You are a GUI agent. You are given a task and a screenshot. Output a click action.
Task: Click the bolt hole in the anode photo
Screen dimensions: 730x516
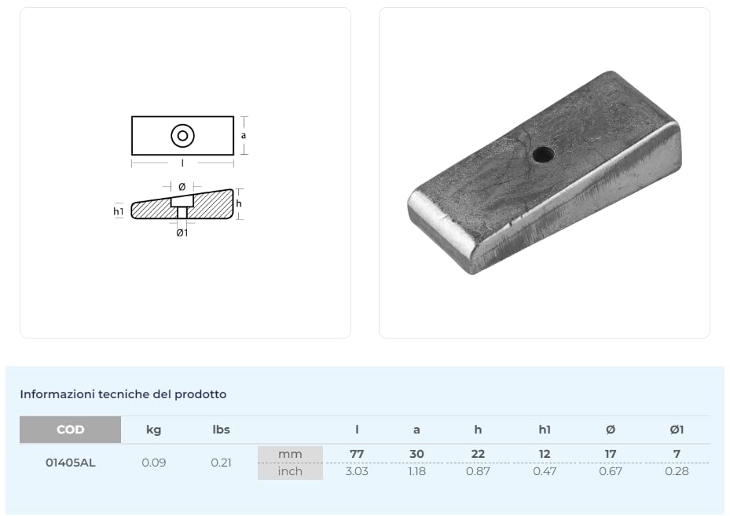(543, 155)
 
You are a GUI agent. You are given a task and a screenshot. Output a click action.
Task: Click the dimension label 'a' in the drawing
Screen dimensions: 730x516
(244, 135)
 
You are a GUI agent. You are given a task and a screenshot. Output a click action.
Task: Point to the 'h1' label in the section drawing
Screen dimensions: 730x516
(119, 211)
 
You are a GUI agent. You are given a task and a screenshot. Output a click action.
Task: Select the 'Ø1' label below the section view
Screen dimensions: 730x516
(182, 232)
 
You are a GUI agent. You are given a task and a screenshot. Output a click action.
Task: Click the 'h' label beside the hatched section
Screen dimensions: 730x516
(239, 203)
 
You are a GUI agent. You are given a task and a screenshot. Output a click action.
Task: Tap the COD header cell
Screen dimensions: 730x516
(70, 430)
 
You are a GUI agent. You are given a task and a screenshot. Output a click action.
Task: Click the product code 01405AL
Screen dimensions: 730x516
(70, 463)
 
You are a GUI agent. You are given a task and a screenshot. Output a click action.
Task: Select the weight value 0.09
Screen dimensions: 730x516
(154, 463)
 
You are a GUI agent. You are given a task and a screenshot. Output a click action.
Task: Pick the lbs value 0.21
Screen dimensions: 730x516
(221, 463)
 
